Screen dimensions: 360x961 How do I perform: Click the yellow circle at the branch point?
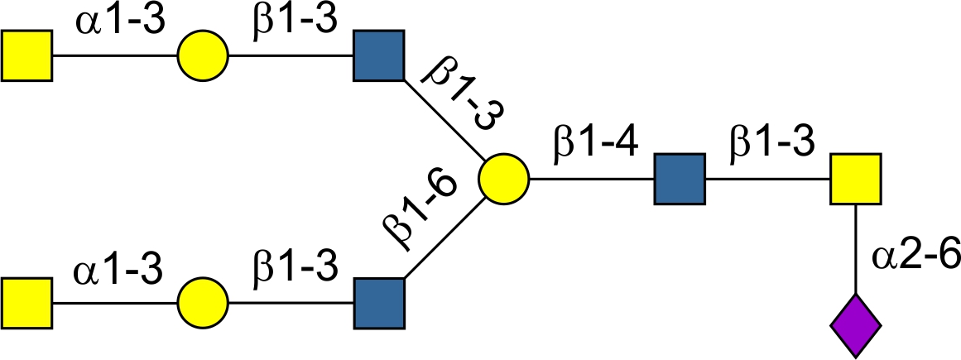click(503, 179)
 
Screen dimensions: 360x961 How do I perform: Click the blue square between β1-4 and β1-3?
click(680, 179)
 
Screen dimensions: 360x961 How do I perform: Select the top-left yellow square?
click(26, 56)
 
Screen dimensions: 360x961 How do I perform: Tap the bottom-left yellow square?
click(26, 303)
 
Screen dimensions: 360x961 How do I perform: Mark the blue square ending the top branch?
click(379, 56)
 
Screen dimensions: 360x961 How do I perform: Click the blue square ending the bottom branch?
click(379, 303)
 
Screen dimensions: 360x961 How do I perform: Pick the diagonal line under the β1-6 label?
click(443, 241)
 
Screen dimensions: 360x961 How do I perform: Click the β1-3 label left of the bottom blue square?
click(293, 267)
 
